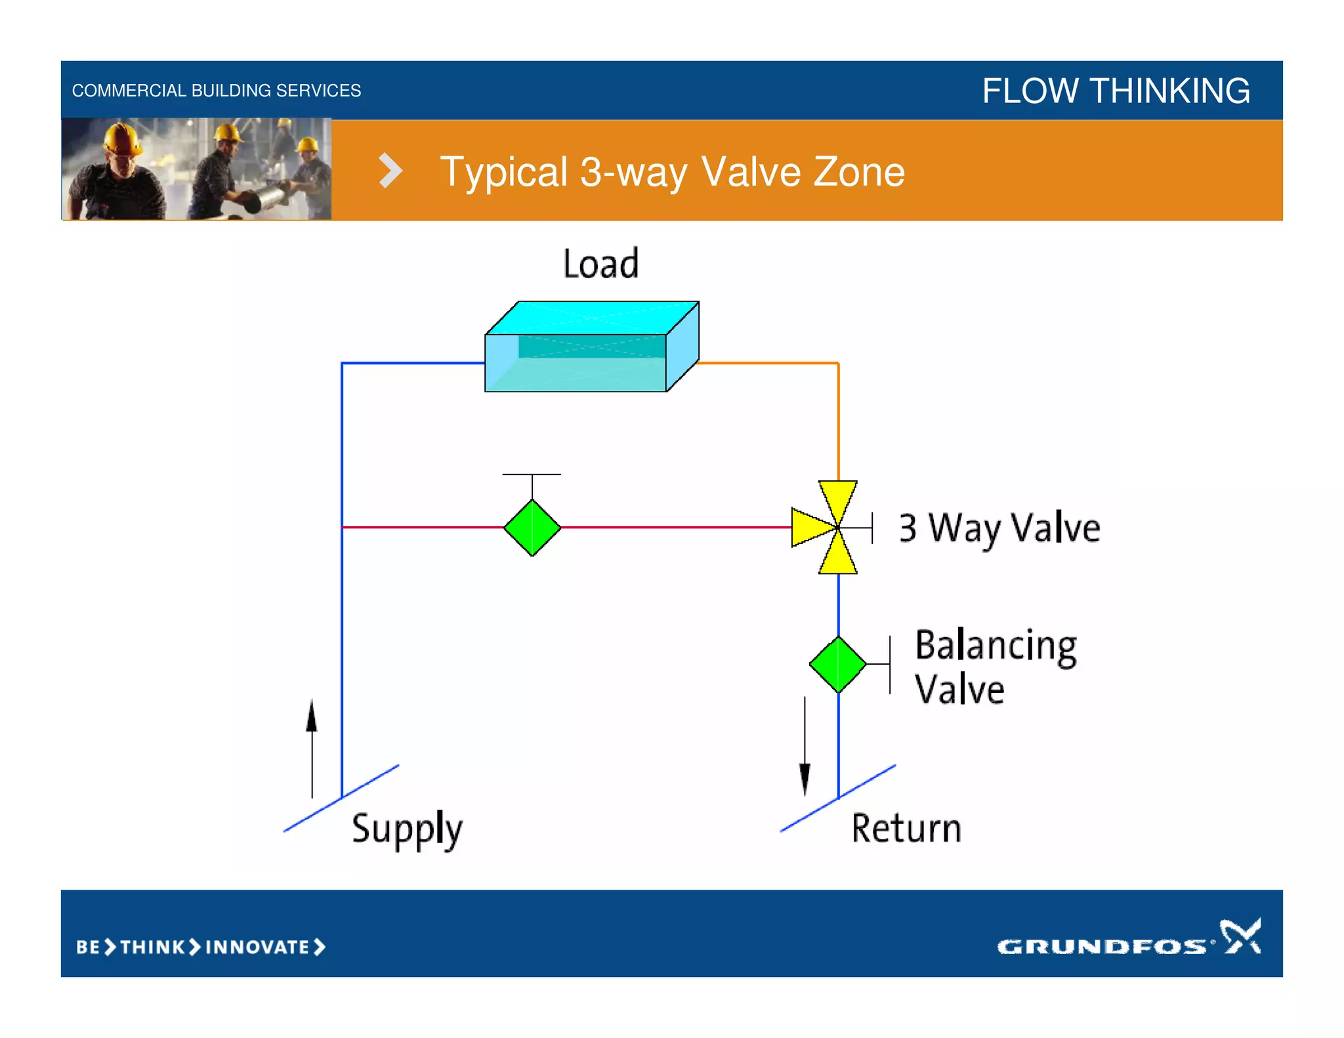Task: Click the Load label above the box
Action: click(600, 264)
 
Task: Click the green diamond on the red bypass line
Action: click(532, 528)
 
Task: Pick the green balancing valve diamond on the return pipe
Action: click(838, 664)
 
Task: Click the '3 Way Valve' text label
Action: click(999, 528)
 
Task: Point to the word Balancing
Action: click(996, 646)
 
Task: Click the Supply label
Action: click(407, 829)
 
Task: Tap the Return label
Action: click(906, 828)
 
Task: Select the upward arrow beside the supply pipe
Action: click(312, 748)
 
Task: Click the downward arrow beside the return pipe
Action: click(805, 748)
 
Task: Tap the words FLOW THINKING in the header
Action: click(1116, 91)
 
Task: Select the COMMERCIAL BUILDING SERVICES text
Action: click(216, 91)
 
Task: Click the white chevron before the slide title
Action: click(390, 171)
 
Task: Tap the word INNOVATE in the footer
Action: click(257, 947)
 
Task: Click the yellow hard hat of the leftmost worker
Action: click(121, 138)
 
